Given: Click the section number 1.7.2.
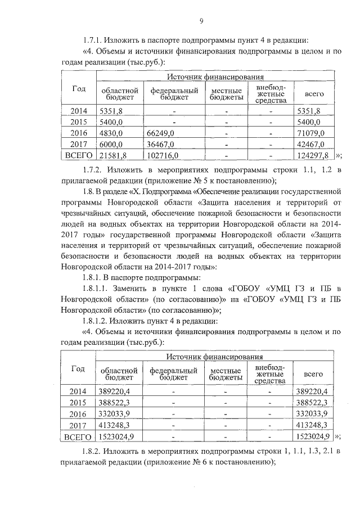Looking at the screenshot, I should (94, 169).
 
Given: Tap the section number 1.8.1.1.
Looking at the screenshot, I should (98, 287).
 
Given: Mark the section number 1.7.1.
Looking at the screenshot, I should (94, 39).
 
